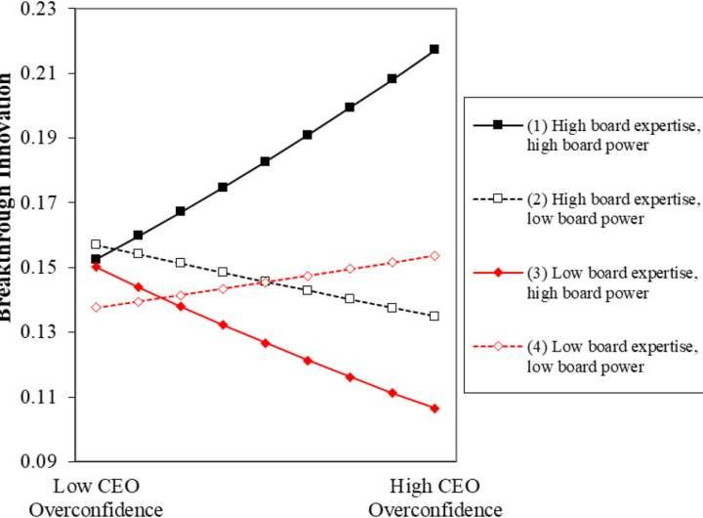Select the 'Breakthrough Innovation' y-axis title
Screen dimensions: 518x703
point(9,195)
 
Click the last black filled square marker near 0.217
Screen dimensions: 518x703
point(434,49)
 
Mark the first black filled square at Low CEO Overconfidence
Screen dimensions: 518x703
point(96,259)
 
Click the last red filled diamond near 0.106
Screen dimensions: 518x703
point(434,408)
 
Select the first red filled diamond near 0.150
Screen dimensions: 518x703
point(96,266)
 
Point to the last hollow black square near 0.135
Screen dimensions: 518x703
point(434,316)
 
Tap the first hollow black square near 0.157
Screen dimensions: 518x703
point(96,244)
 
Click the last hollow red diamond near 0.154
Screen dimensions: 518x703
point(434,255)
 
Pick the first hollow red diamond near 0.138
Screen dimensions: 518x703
point(96,307)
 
